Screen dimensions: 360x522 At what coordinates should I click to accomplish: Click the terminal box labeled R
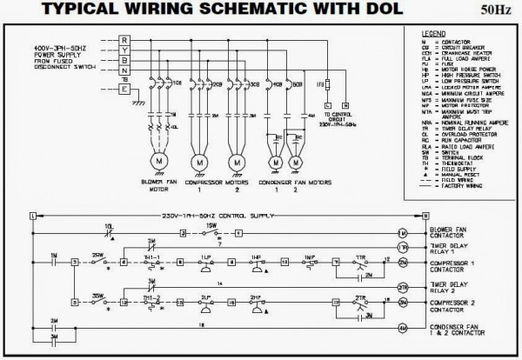click(124, 40)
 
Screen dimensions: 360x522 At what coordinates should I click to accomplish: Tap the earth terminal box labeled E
click(124, 88)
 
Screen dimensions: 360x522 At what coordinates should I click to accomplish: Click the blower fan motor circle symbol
click(159, 163)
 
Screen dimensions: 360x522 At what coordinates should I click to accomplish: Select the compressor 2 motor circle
click(235, 163)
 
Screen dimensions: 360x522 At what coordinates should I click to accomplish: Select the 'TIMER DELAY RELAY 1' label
click(447, 249)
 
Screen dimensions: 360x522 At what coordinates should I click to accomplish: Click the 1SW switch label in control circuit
click(210, 226)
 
